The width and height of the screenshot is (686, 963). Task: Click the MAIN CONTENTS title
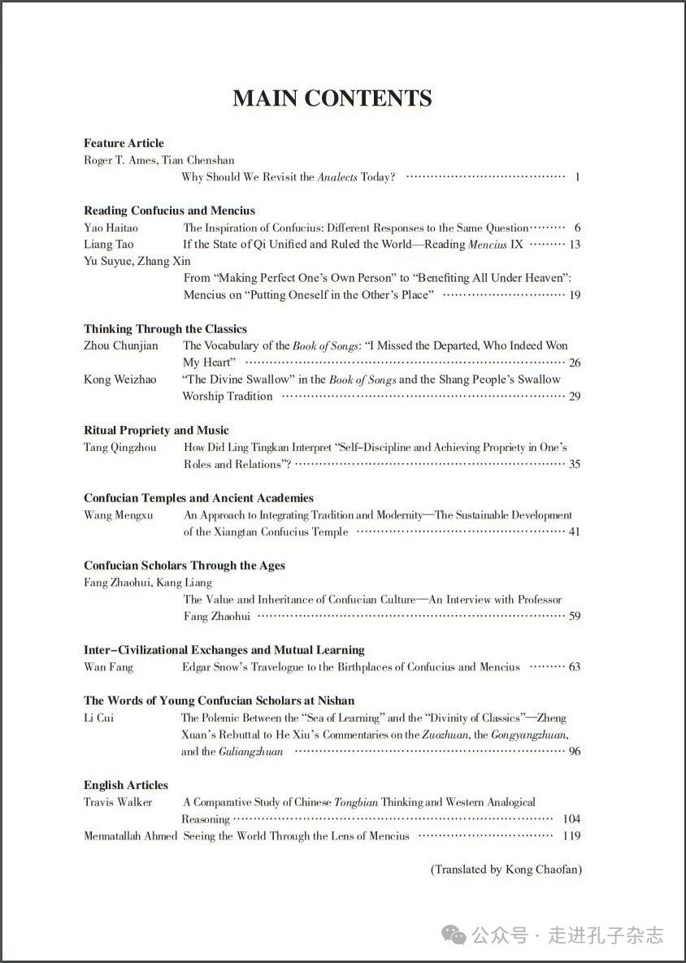click(332, 98)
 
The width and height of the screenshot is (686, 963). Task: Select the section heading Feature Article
click(124, 143)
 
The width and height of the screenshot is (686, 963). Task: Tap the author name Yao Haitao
click(111, 228)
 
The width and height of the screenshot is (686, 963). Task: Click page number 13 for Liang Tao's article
click(575, 245)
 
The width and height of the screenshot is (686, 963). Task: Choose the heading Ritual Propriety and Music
click(156, 430)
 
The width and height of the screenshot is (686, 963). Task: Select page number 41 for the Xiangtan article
click(575, 532)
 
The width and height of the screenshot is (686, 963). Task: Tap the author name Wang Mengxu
click(119, 515)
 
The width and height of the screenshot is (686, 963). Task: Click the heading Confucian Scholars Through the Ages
click(184, 566)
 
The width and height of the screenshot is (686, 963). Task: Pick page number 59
click(575, 617)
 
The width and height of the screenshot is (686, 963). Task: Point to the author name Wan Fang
click(108, 667)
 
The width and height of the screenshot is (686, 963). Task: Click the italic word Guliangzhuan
click(251, 752)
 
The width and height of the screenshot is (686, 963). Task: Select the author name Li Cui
click(98, 718)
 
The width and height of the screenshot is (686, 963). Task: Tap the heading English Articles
click(126, 785)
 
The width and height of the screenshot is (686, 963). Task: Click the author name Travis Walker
click(118, 802)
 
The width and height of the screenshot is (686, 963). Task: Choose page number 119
click(571, 836)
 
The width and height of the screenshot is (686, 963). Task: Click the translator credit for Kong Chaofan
click(506, 870)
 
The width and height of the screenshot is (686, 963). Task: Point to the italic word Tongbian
click(356, 802)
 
